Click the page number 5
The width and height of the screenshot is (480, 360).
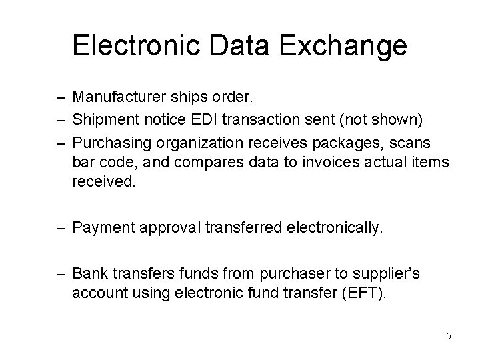449,336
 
